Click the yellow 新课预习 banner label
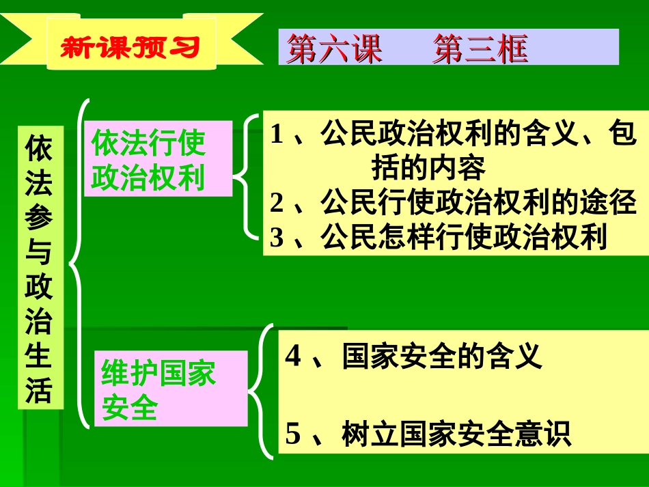[x=130, y=46]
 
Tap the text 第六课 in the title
[x=334, y=48]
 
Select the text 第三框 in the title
[x=480, y=48]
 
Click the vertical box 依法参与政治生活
[x=40, y=267]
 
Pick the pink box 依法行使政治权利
[x=149, y=161]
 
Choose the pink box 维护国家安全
[x=158, y=390]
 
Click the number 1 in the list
[x=276, y=135]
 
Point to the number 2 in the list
[x=276, y=203]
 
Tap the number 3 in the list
[x=276, y=237]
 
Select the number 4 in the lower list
[x=293, y=357]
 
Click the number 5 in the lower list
[x=293, y=435]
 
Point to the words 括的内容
[x=429, y=167]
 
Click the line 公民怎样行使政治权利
[x=464, y=237]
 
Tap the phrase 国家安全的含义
[x=442, y=357]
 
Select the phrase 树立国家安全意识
[x=456, y=435]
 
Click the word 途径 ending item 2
[x=608, y=203]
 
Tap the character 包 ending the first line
[x=622, y=135]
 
